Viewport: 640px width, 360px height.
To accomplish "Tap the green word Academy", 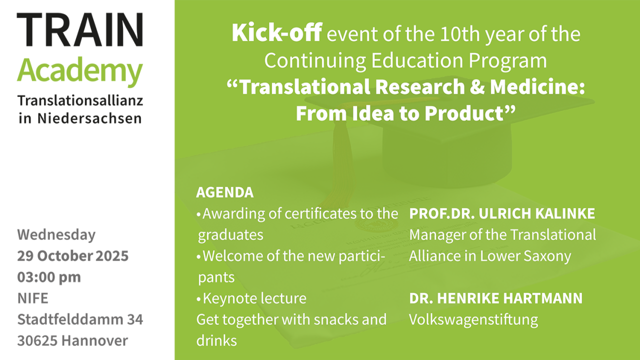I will click(x=80, y=71).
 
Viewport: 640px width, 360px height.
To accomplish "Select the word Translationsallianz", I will click(x=80, y=100).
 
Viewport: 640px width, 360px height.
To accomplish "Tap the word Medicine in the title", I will click(x=536, y=87).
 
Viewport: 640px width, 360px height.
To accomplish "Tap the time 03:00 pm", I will click(x=49, y=277).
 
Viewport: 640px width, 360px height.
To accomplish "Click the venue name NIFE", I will click(x=33, y=298).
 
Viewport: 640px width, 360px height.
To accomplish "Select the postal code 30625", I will click(x=36, y=341).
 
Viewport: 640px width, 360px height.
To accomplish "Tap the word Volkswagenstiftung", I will click(x=473, y=319).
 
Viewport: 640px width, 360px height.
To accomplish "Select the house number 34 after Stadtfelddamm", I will click(x=135, y=319).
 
